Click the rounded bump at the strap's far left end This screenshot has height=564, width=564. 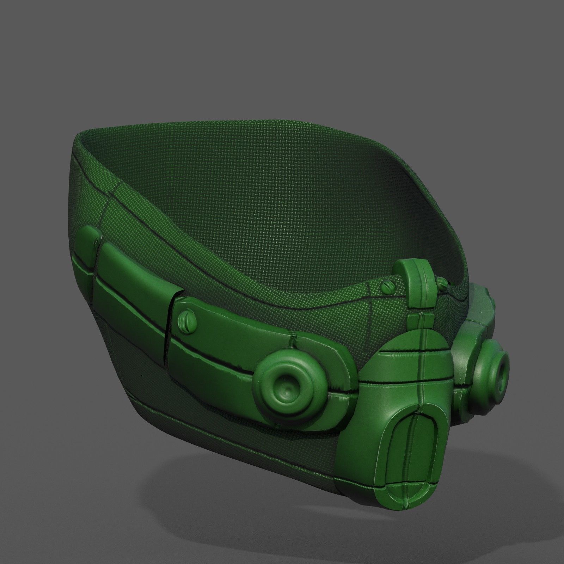(x=87, y=240)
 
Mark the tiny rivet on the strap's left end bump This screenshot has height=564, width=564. (x=96, y=243)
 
